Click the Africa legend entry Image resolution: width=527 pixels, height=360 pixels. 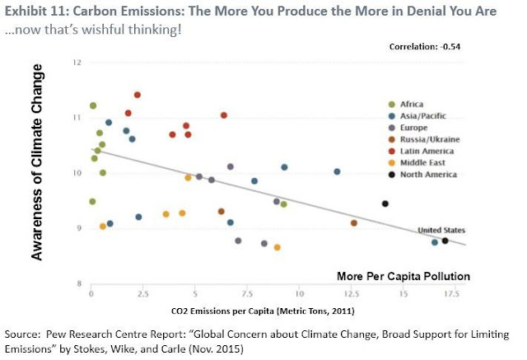(x=412, y=104)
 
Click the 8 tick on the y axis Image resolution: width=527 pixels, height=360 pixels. (x=79, y=283)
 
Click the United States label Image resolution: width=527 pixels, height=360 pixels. (x=442, y=230)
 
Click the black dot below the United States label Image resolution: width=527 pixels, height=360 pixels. (x=445, y=241)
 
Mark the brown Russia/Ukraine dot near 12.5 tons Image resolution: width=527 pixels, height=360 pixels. (x=354, y=223)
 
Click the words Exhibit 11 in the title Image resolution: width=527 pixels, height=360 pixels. (x=35, y=11)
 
